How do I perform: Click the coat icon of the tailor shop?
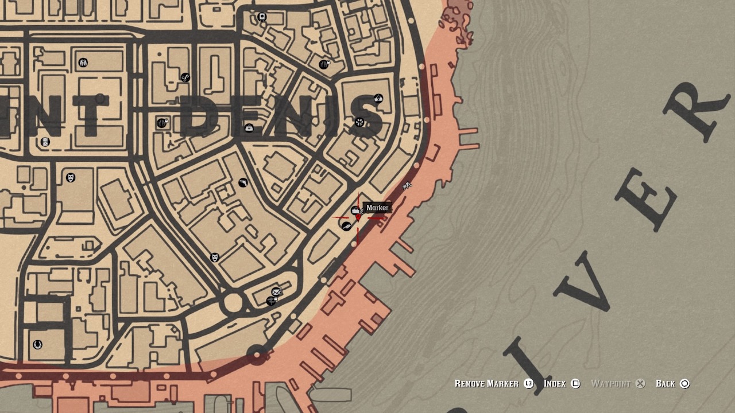pos(83,63)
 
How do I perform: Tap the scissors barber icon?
pos(185,77)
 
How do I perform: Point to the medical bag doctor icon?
pos(249,128)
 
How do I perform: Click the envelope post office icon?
pos(276,292)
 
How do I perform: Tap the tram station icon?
pos(262,17)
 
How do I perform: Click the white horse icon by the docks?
pos(407,185)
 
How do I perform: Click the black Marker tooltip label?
pos(377,208)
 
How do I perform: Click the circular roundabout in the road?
pos(233,302)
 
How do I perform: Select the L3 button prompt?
pos(528,384)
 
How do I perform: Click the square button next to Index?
pos(575,384)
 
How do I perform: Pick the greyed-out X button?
pos(640,384)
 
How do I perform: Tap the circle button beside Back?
pos(684,384)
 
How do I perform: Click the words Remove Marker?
pos(486,384)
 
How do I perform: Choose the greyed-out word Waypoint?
pos(610,384)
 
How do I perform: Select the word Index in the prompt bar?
pos(555,384)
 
